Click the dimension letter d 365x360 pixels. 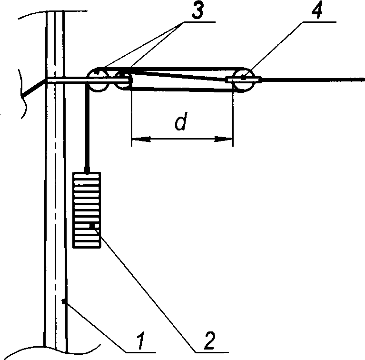click(x=179, y=123)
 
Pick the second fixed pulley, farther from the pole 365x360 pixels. click(x=122, y=79)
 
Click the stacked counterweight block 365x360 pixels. click(x=87, y=210)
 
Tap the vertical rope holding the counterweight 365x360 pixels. click(x=87, y=129)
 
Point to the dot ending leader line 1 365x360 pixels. click(x=63, y=300)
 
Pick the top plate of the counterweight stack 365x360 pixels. click(x=87, y=175)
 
